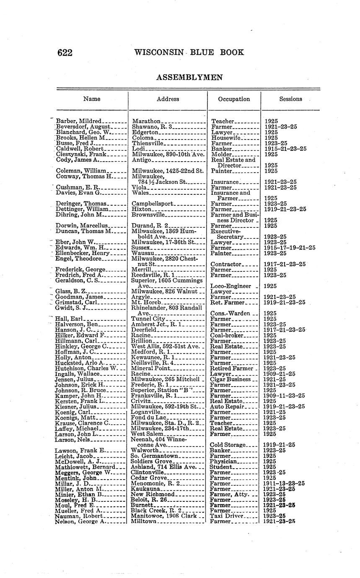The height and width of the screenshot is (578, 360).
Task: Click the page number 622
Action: tap(65, 53)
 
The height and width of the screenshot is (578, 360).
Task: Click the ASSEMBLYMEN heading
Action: tap(189, 77)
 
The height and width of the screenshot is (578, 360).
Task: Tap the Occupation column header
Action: tap(234, 99)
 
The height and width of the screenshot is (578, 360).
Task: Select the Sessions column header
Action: tap(290, 99)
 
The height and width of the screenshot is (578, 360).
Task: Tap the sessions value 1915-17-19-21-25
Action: tap(290, 248)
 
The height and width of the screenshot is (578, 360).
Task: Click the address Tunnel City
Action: tap(149, 319)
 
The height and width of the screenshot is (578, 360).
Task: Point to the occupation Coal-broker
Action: tap(227, 335)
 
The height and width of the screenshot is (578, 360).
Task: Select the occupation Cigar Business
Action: tap(231, 379)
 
